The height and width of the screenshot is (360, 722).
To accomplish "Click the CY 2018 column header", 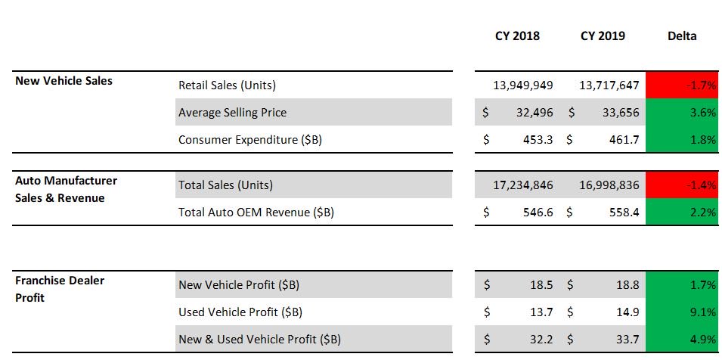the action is [517, 36].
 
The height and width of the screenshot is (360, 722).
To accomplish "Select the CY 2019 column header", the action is [603, 36].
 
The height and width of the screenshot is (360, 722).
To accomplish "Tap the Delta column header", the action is [682, 36].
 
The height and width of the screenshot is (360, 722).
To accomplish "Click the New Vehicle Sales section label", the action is [64, 81].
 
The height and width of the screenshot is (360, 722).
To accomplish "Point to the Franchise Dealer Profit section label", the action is [60, 289].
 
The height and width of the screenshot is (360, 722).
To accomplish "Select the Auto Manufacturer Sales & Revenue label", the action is [67, 189].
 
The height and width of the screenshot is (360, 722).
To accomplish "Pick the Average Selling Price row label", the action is [233, 113].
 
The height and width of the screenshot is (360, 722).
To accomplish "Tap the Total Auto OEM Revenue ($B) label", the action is [256, 213].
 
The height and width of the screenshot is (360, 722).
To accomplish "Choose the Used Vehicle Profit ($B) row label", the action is [240, 312].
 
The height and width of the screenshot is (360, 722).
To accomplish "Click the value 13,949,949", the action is [523, 85].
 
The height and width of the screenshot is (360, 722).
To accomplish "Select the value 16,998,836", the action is [609, 185].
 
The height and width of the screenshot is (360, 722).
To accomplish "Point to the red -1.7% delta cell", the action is [682, 85].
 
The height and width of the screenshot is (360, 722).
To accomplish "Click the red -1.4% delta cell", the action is [682, 185].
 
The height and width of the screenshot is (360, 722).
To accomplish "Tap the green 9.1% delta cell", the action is [682, 312].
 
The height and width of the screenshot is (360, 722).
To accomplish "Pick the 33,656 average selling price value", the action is [621, 113].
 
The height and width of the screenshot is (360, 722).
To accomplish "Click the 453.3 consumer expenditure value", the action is [538, 139].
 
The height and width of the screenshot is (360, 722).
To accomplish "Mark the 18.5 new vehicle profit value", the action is [541, 285].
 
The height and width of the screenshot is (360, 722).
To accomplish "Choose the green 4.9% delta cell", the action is [682, 339].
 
